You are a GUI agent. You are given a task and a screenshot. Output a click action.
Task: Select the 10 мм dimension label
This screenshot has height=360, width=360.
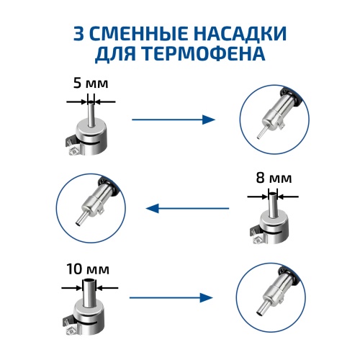pyautogui.click(x=89, y=269)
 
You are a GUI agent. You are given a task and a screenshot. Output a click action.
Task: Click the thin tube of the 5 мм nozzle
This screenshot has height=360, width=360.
pyautogui.click(x=89, y=114)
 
